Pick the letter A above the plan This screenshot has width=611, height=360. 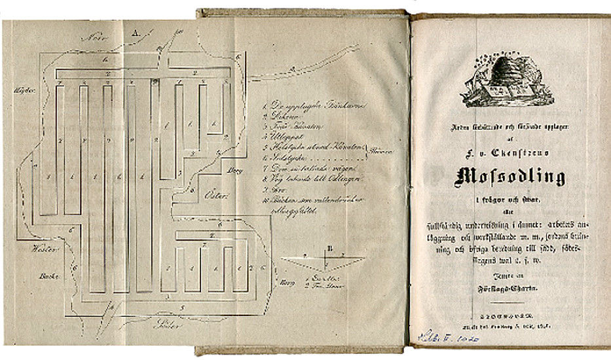pos(135,31)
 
